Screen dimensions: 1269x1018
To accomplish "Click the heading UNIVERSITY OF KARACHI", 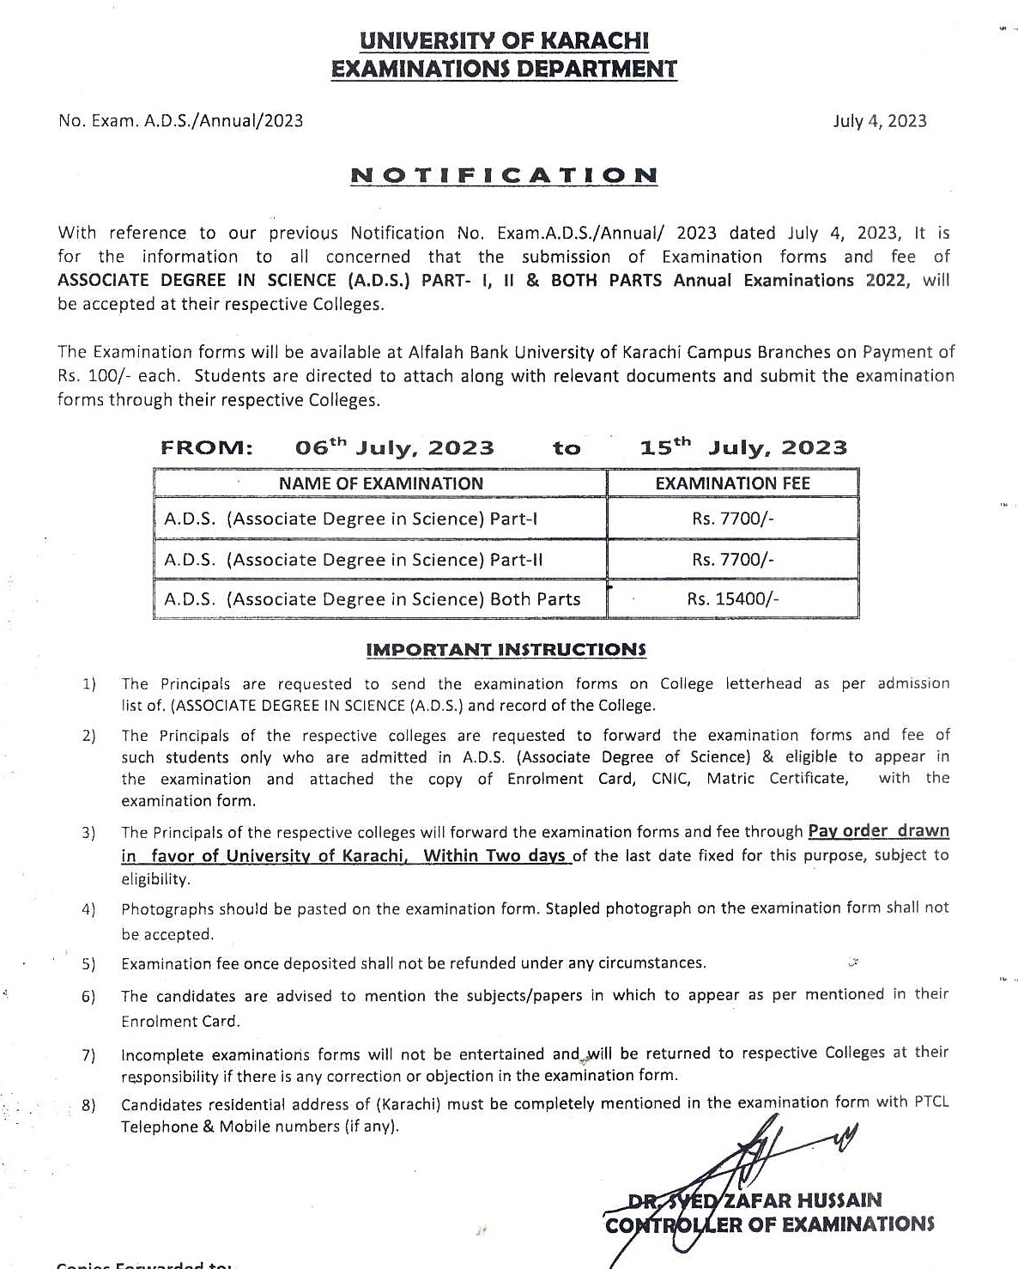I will [x=504, y=40].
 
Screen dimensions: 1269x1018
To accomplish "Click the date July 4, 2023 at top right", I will [x=879, y=121].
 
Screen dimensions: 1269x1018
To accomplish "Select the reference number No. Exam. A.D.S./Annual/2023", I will [x=180, y=121].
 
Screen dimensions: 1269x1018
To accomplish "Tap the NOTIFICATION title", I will [x=504, y=176].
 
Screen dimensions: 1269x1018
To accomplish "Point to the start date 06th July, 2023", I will [x=394, y=447].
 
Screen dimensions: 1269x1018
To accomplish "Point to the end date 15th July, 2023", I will [x=743, y=446].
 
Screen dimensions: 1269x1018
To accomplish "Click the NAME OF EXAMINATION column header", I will [x=380, y=483].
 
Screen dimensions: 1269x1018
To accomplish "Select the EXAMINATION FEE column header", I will [x=732, y=483].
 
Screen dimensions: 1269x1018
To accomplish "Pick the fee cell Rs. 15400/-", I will [x=732, y=599].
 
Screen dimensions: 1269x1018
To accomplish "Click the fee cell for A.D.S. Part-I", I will [x=732, y=519].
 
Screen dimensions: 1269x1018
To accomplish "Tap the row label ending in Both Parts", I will [x=372, y=599].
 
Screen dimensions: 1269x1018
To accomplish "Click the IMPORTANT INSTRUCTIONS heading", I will [x=506, y=650].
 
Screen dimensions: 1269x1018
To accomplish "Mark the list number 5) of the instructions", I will [x=88, y=964].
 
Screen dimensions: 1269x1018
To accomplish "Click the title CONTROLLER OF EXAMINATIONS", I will [x=769, y=1224].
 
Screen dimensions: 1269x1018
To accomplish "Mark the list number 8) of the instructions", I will [x=88, y=1105].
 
